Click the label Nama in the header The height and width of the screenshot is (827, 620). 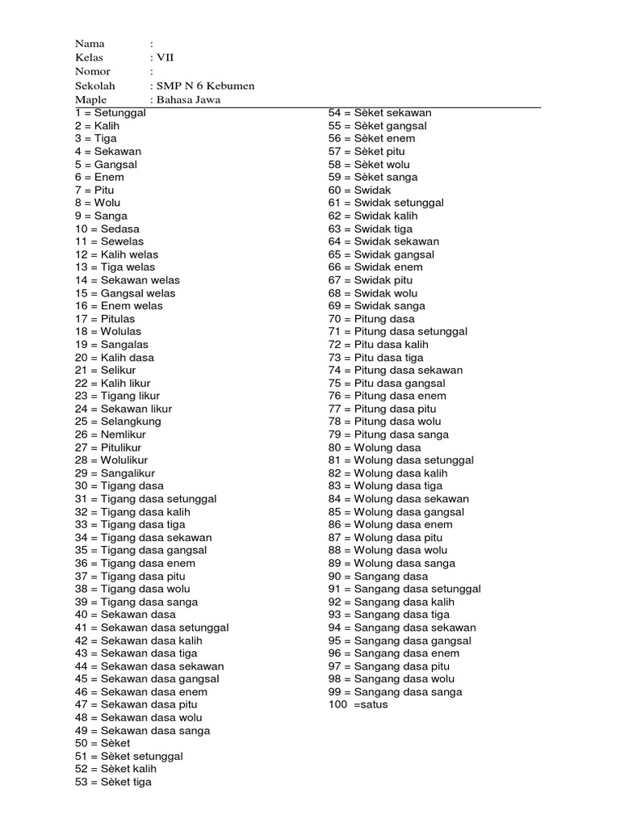90,43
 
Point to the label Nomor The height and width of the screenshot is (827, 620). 93,71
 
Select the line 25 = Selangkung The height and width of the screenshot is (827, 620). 119,422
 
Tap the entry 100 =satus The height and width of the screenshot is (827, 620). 358,704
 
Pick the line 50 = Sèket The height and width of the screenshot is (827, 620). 103,743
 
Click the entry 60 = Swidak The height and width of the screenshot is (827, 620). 359,190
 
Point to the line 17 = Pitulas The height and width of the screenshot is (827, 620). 106,318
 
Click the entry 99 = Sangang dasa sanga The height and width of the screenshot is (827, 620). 395,692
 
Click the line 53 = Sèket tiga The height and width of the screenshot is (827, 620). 113,782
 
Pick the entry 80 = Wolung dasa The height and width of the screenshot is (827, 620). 375,447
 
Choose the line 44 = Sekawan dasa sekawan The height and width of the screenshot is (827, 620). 149,666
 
